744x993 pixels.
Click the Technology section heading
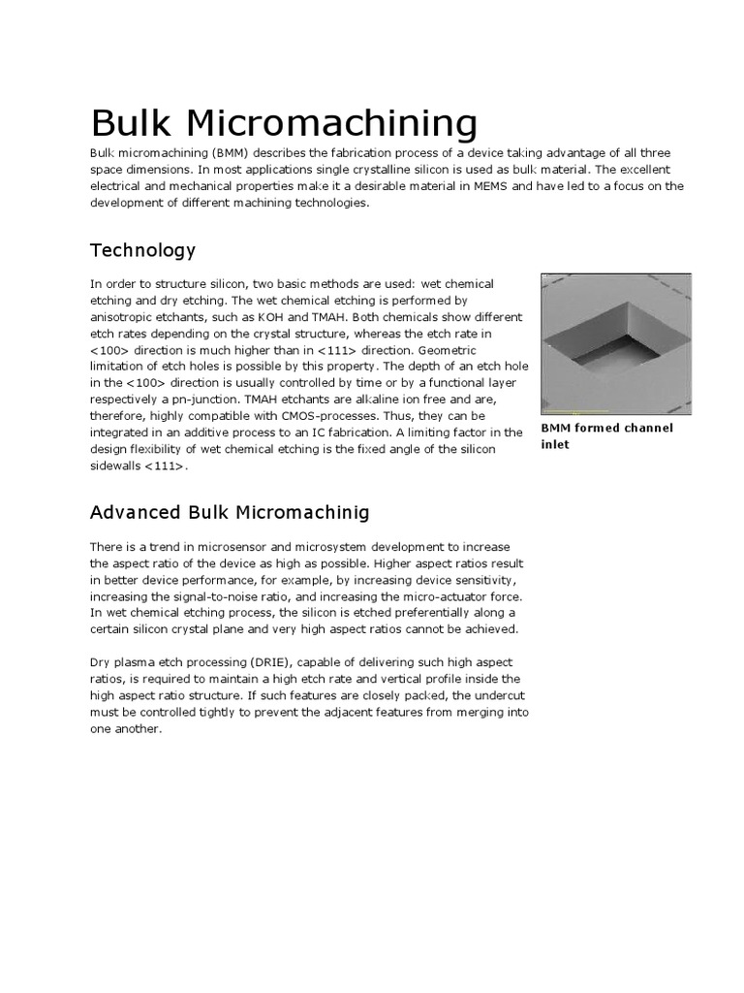point(142,250)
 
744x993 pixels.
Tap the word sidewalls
point(121,465)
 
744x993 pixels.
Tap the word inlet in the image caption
point(557,445)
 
